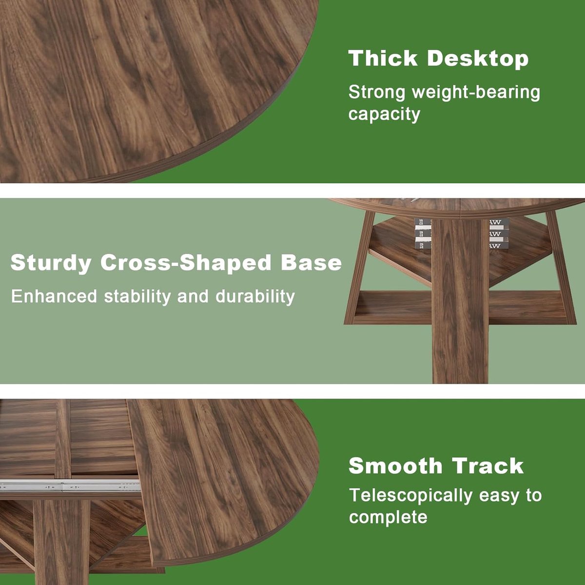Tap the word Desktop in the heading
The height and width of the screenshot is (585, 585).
click(478, 58)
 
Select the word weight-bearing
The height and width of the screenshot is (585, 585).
click(476, 93)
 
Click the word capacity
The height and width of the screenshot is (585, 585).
click(384, 115)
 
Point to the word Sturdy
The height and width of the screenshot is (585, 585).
click(51, 263)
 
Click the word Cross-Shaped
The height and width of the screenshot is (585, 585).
click(185, 263)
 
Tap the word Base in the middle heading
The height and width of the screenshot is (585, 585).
click(311, 262)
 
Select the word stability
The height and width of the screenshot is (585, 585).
click(137, 296)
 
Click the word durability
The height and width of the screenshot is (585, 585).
click(255, 296)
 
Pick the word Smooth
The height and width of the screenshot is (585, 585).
click(395, 466)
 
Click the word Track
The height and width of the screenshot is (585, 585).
click(488, 466)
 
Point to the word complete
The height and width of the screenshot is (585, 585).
click(388, 517)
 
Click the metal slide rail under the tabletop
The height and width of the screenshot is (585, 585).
click(70, 485)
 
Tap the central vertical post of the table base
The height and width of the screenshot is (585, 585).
click(460, 301)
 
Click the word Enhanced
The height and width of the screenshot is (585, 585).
click(54, 296)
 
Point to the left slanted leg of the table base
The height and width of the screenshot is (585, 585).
click(360, 268)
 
